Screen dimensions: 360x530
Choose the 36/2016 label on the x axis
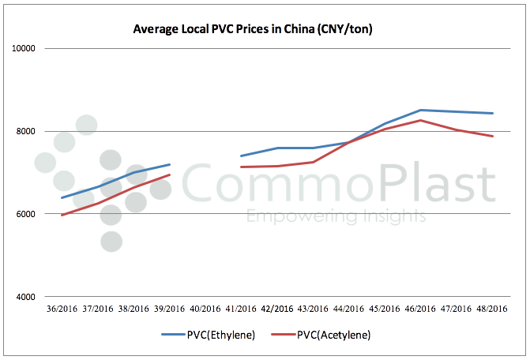click(x=62, y=309)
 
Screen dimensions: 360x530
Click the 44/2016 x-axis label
click(x=349, y=309)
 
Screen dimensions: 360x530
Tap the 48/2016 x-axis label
click(x=492, y=309)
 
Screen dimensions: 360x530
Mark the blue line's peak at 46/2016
click(x=421, y=110)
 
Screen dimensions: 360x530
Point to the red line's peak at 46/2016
click(x=421, y=120)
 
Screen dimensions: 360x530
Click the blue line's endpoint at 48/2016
click(x=493, y=113)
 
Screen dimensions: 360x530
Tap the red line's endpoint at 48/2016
click(x=493, y=136)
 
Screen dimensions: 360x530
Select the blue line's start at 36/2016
click(x=62, y=197)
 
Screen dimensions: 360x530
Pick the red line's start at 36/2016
click(x=62, y=215)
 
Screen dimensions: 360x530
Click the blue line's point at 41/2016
click(x=241, y=156)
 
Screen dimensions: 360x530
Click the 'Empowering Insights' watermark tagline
click(x=336, y=217)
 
